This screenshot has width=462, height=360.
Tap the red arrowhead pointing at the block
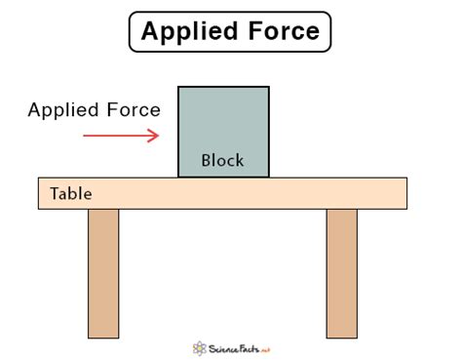(153, 135)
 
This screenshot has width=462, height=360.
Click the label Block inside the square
(222, 160)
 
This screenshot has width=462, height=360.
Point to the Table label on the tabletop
(70, 194)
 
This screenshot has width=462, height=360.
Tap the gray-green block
(223, 122)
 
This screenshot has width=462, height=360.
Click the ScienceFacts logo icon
(201, 346)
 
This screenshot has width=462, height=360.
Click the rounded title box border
(132, 32)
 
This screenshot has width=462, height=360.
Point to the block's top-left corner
(179, 88)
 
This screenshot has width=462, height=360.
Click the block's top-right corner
(268, 88)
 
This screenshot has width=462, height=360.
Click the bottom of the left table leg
(103, 334)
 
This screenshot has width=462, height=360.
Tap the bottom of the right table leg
(341, 334)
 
